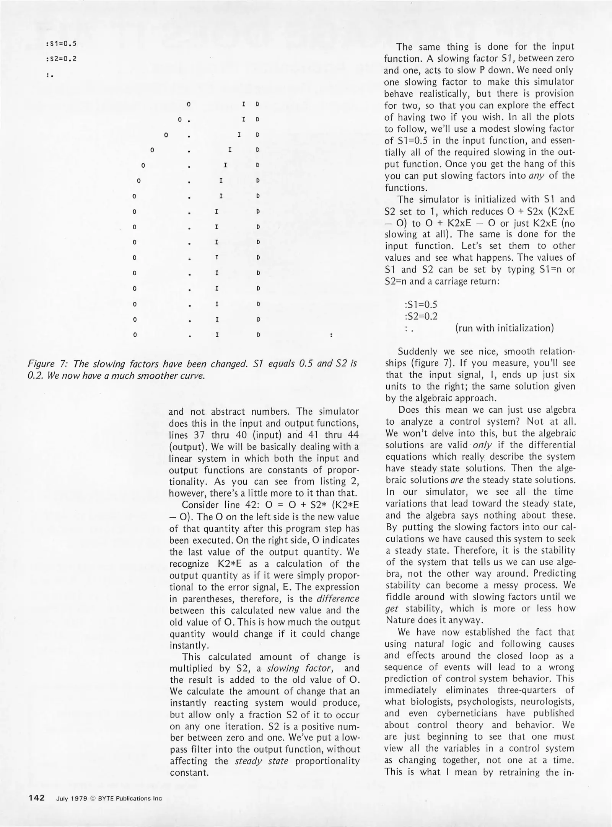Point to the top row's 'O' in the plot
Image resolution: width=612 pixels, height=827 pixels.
tap(189, 104)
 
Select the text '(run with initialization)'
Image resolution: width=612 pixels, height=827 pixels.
tap(505, 328)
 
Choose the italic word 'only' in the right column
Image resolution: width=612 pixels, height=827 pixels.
tap(482, 445)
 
